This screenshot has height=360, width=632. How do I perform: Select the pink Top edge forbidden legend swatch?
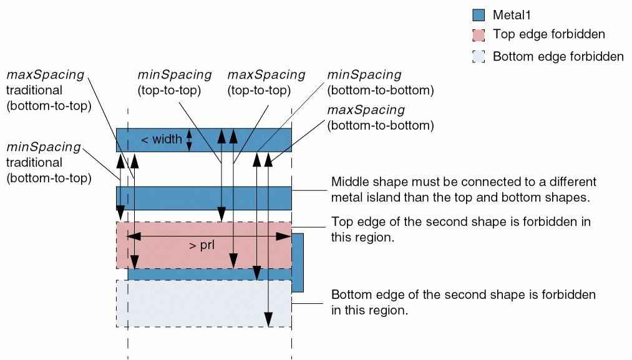pos(479,35)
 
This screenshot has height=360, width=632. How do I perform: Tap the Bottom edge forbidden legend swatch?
pos(479,57)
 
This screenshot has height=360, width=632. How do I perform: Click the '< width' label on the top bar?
pos(162,140)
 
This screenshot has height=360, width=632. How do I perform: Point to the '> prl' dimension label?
pos(202,245)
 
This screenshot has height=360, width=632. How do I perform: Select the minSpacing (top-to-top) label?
pos(175,82)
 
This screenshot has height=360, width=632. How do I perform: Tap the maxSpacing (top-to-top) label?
pos(266,82)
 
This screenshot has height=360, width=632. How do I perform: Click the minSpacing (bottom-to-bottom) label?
pos(381,82)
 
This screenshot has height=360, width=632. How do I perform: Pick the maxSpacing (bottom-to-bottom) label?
pos(381,117)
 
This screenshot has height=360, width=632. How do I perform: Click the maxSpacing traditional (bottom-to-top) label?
pos(49,90)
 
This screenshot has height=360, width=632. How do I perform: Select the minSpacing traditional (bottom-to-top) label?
pos(49,162)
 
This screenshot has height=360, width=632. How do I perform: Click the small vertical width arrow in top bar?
pos(190,140)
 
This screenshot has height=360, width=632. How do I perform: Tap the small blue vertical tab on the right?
pos(298,262)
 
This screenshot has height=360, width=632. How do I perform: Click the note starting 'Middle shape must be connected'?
pos(464,190)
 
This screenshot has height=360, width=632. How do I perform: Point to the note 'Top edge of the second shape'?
pos(461,229)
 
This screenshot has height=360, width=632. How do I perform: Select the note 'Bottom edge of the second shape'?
pos(463,302)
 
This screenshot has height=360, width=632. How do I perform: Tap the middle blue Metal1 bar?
pos(204,198)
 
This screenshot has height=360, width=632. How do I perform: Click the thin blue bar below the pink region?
pos(187,275)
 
